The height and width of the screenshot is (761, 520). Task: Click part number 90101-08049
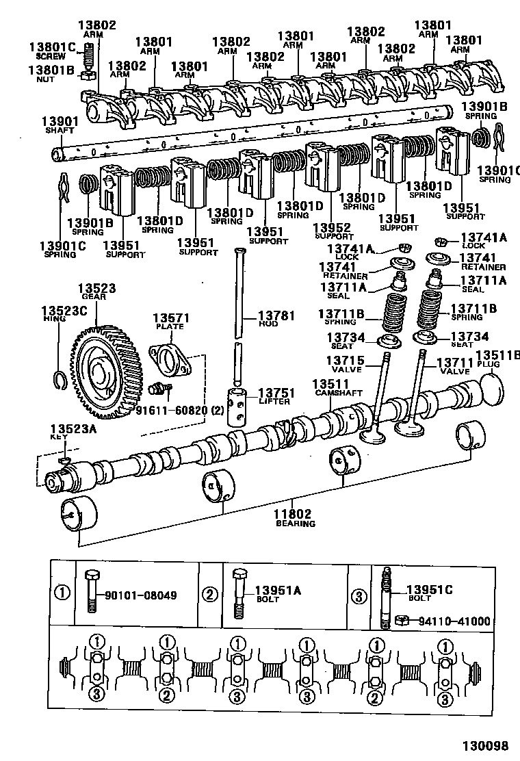140,595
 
